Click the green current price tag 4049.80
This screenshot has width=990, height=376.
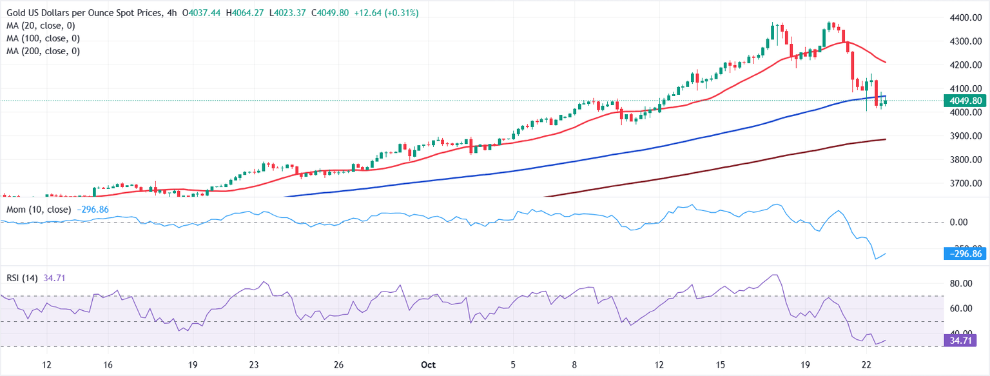[x=966, y=101]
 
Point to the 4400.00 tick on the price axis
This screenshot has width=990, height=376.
[x=966, y=17]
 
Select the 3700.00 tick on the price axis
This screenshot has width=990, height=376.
[x=966, y=183]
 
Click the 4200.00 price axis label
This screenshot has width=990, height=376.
[x=966, y=65]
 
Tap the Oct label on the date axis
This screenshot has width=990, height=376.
[x=428, y=365]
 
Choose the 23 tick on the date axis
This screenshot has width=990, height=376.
[x=255, y=365]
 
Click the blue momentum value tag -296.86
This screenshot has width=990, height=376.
[x=966, y=254]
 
